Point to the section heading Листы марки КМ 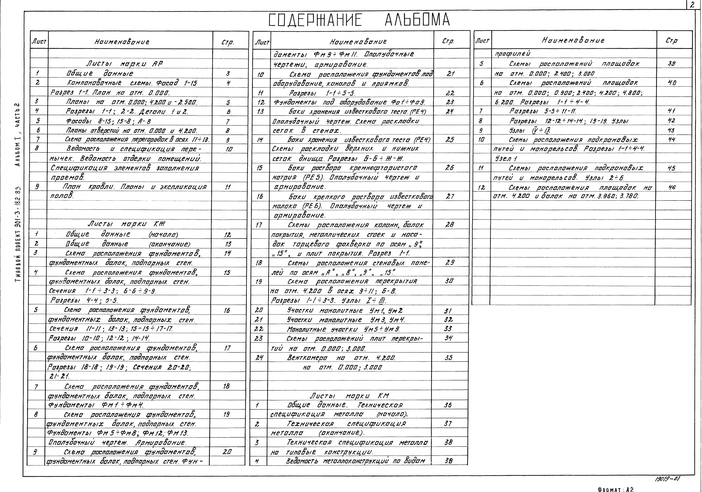click(349, 396)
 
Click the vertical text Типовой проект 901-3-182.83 click(18, 234)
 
